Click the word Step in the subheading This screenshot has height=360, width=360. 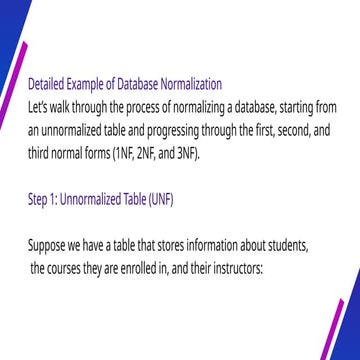[x=40, y=201]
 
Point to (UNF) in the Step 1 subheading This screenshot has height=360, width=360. [x=158, y=201]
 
